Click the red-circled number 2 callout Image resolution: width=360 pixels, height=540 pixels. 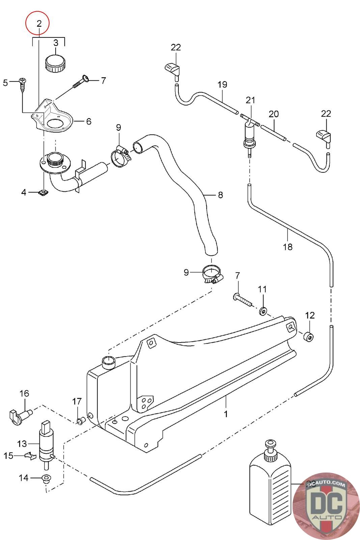[x=38, y=24]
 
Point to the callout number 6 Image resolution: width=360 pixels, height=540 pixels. [x=89, y=122]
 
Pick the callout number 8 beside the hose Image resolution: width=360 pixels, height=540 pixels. [x=220, y=195]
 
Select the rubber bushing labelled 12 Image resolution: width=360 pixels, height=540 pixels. [x=309, y=337]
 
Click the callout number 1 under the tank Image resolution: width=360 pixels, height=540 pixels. [x=226, y=414]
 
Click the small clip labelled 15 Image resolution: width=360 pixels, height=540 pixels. [x=30, y=456]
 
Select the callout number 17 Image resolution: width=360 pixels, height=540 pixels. [x=77, y=402]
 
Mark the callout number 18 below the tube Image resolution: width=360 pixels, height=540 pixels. [x=288, y=247]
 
